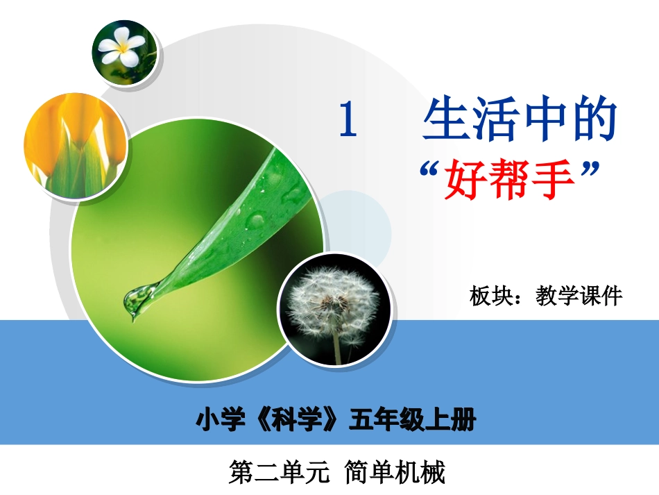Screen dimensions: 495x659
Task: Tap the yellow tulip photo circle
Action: point(75,144)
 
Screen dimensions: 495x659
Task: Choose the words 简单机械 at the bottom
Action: point(394,473)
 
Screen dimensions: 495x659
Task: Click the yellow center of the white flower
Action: point(126,48)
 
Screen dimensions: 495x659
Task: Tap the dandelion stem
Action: point(337,348)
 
